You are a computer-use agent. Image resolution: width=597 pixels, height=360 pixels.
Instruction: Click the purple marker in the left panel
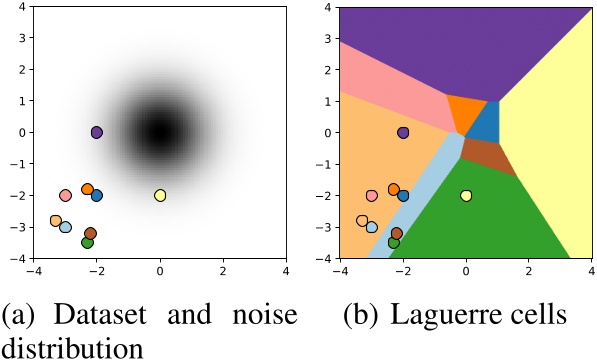coord(97,132)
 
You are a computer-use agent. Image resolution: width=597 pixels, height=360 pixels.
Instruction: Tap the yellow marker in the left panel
coord(160,195)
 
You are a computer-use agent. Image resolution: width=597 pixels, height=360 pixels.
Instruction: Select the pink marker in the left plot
coord(65,195)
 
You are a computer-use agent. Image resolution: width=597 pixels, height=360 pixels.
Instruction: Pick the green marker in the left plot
coord(87,242)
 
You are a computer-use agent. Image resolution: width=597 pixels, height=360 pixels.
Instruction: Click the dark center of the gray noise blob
coord(160,132)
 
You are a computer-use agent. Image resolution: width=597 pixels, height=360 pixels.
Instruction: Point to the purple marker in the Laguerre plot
coord(403,132)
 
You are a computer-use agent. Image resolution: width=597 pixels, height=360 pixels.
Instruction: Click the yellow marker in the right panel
coord(466,195)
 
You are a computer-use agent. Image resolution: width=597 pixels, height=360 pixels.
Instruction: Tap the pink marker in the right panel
coord(371,195)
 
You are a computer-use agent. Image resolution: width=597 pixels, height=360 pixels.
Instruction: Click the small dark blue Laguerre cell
coord(484,124)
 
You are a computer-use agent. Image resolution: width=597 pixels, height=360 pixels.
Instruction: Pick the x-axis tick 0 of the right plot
coord(466,270)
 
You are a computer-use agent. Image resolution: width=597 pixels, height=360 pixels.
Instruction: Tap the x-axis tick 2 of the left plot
coord(223,270)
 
